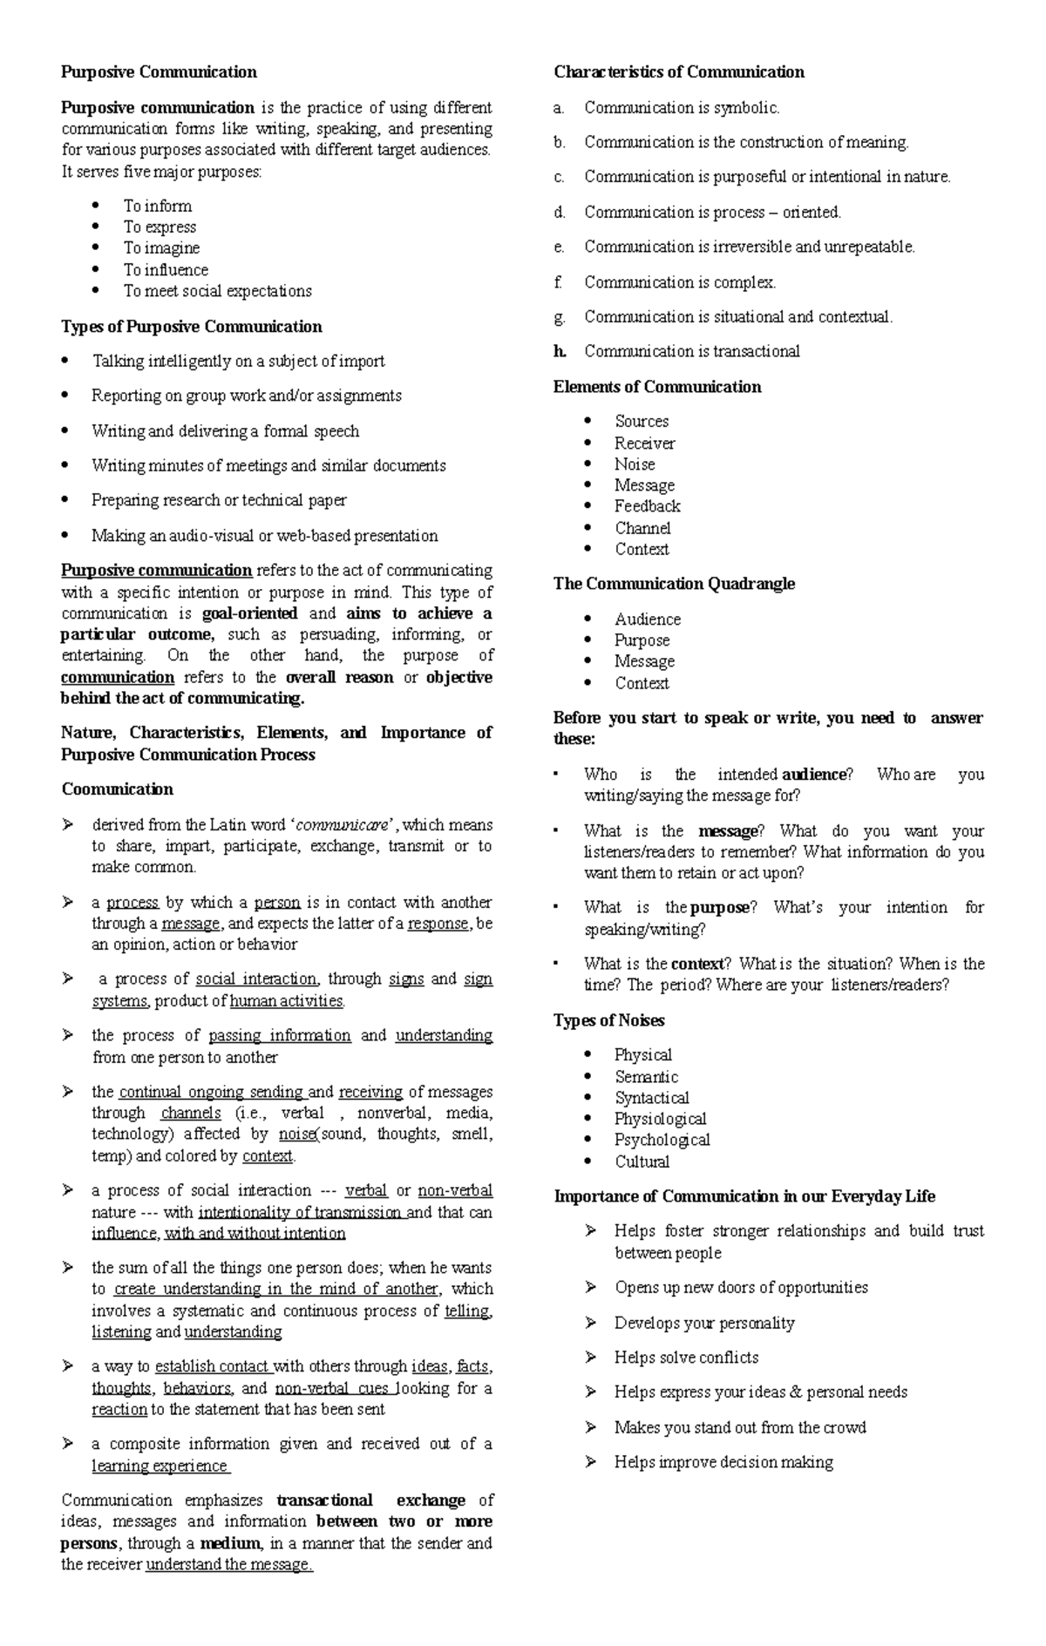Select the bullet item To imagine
(x=161, y=248)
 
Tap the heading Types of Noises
(x=608, y=1020)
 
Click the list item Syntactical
(x=651, y=1098)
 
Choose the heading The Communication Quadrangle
(x=674, y=584)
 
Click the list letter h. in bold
(x=560, y=351)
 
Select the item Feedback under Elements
(x=647, y=506)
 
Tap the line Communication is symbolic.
(x=682, y=108)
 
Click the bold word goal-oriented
(x=249, y=613)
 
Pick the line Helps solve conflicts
(x=686, y=1358)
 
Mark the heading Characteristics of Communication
(x=678, y=72)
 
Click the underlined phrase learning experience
(x=160, y=1466)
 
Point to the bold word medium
(x=230, y=1543)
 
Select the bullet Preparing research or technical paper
(x=219, y=500)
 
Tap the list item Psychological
(x=662, y=1140)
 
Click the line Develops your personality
(x=704, y=1323)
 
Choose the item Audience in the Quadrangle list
(x=648, y=620)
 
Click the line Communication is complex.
(x=680, y=282)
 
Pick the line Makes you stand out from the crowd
(x=740, y=1427)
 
